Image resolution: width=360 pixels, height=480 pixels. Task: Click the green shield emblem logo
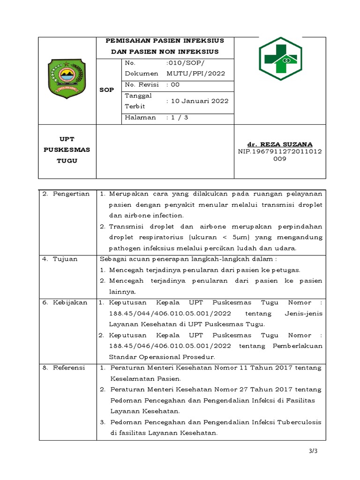click(x=67, y=80)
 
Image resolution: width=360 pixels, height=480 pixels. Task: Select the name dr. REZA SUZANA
click(x=280, y=144)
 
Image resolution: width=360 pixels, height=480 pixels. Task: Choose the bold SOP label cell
click(x=106, y=90)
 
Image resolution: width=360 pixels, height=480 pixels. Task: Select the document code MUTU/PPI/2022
click(x=196, y=74)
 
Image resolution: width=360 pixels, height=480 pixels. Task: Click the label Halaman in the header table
click(x=140, y=118)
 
